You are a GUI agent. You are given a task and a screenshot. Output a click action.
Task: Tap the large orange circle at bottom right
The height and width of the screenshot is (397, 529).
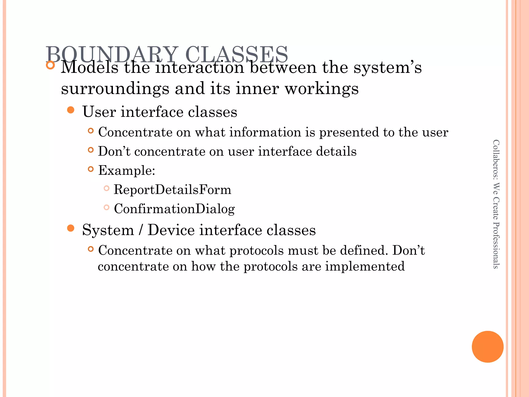click(487, 347)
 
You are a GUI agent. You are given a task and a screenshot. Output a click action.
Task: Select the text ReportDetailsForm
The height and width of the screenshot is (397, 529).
click(172, 189)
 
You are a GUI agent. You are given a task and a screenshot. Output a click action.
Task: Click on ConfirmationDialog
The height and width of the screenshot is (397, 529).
click(174, 209)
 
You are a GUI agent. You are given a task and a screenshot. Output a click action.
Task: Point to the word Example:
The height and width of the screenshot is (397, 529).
click(127, 170)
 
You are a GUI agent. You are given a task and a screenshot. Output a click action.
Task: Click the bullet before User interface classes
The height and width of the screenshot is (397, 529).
click(71, 110)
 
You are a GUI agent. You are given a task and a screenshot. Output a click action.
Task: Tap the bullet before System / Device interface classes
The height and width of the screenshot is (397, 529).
click(71, 228)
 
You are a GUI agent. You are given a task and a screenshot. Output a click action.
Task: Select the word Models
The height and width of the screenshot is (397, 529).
click(89, 68)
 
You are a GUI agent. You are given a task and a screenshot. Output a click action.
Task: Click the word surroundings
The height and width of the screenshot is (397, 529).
click(115, 89)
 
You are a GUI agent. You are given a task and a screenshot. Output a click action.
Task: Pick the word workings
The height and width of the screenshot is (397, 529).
click(322, 89)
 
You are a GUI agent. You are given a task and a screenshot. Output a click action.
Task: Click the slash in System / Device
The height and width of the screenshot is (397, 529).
click(141, 230)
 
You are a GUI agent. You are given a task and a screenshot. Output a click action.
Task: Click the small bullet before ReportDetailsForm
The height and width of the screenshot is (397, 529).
click(106, 188)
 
